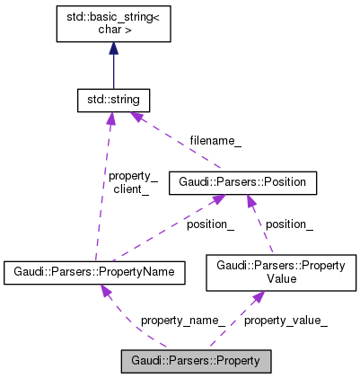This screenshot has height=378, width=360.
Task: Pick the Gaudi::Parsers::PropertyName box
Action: point(95,271)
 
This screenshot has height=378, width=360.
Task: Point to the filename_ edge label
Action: point(215,140)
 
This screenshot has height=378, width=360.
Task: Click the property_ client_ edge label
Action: point(132,183)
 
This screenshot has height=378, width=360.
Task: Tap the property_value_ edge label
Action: point(285,319)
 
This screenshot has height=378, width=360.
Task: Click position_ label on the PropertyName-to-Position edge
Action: point(210,224)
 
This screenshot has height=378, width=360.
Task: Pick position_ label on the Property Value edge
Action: point(289,224)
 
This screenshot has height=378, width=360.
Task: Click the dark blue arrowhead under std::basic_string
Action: point(113,48)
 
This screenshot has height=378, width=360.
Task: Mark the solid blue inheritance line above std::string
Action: point(113,70)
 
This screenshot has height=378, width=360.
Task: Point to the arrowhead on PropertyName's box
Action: point(106,291)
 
